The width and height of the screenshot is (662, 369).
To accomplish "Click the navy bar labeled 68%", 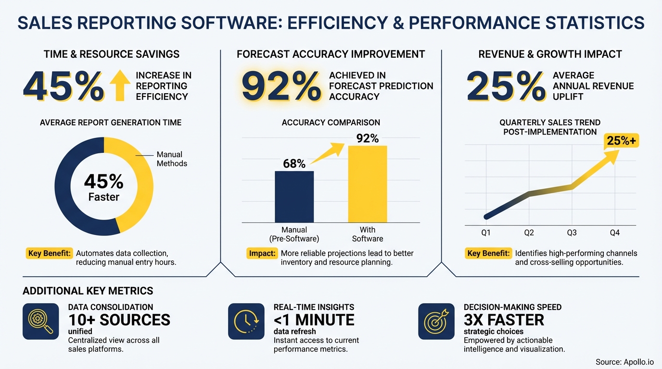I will pyautogui.click(x=294, y=197).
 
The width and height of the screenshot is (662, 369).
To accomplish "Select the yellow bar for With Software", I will pyautogui.click(x=368, y=184).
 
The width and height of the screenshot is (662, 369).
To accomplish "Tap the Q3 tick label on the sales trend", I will pyautogui.click(x=572, y=233).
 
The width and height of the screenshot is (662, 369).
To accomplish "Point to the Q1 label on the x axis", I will pyautogui.click(x=486, y=233).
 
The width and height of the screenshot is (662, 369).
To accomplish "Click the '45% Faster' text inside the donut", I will pyautogui.click(x=104, y=187).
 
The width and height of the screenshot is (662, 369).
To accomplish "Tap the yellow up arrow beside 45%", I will pyautogui.click(x=119, y=86).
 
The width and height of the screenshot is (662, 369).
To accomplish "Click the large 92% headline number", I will pyautogui.click(x=281, y=86).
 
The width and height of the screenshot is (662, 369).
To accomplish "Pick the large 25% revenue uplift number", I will pyautogui.click(x=505, y=86).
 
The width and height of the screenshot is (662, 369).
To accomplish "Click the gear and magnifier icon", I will pyautogui.click(x=41, y=321).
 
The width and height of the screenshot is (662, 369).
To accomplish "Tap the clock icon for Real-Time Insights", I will pyautogui.click(x=246, y=321).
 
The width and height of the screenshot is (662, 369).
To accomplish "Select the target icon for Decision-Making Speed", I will pyautogui.click(x=436, y=321).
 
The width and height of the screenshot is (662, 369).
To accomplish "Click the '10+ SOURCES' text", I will pyautogui.click(x=119, y=320).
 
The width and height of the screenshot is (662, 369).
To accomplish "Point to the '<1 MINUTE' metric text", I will pyautogui.click(x=314, y=320).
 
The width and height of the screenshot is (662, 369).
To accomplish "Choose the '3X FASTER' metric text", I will pyautogui.click(x=504, y=320).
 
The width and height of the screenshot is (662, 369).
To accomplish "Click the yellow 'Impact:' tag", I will pyautogui.click(x=262, y=253).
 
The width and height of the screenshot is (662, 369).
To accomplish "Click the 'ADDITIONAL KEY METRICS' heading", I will pyautogui.click(x=88, y=291).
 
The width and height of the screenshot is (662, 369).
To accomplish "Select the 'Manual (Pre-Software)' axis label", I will pyautogui.click(x=294, y=234).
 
